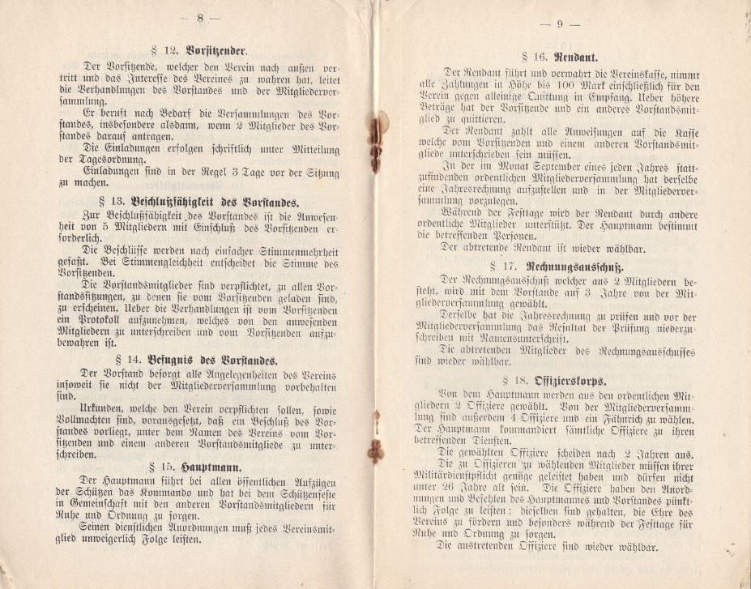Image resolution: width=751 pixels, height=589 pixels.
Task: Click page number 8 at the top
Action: point(200,17)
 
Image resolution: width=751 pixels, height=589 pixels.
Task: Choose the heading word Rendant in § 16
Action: point(576,58)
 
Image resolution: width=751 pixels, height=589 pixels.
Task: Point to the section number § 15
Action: point(162,468)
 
